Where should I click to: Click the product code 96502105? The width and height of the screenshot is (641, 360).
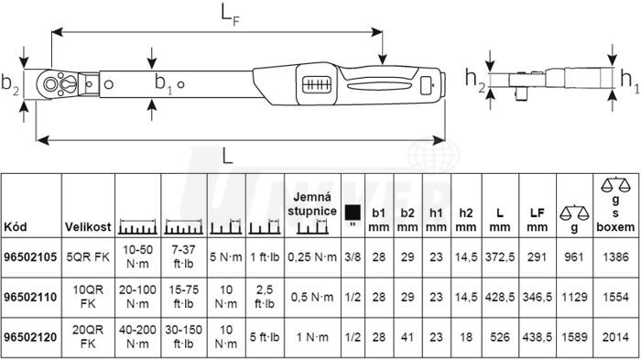30,256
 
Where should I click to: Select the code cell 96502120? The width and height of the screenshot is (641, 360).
30,337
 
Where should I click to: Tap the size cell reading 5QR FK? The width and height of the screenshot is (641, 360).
88,256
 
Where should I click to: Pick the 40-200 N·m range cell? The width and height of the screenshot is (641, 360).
137,337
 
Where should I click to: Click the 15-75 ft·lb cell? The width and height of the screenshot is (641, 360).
183,297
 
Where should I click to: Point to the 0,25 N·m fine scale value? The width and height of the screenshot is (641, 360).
312,256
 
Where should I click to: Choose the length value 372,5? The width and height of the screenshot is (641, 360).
500,256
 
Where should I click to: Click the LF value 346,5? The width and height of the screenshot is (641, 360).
538,297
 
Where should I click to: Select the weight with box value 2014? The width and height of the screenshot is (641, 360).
615,337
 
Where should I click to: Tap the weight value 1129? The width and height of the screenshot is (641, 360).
574,297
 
